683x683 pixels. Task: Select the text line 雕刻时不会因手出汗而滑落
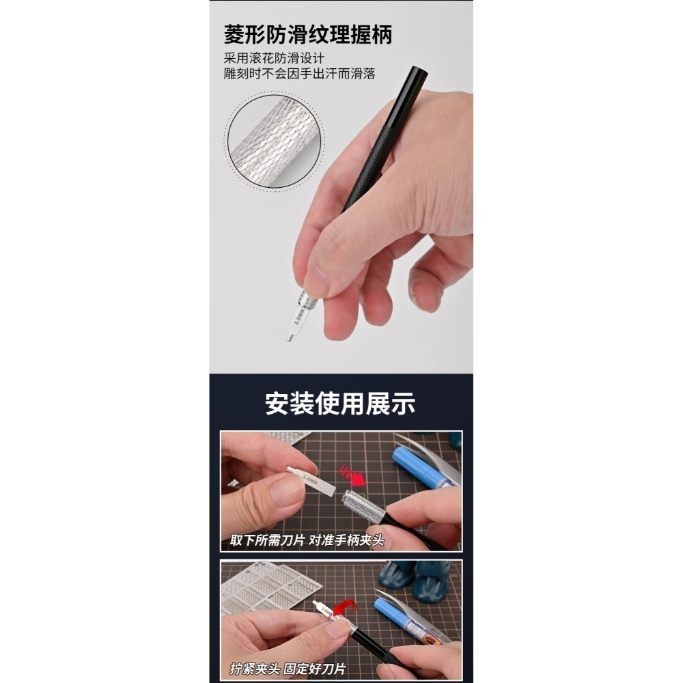(299, 74)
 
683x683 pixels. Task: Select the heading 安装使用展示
(340, 404)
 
